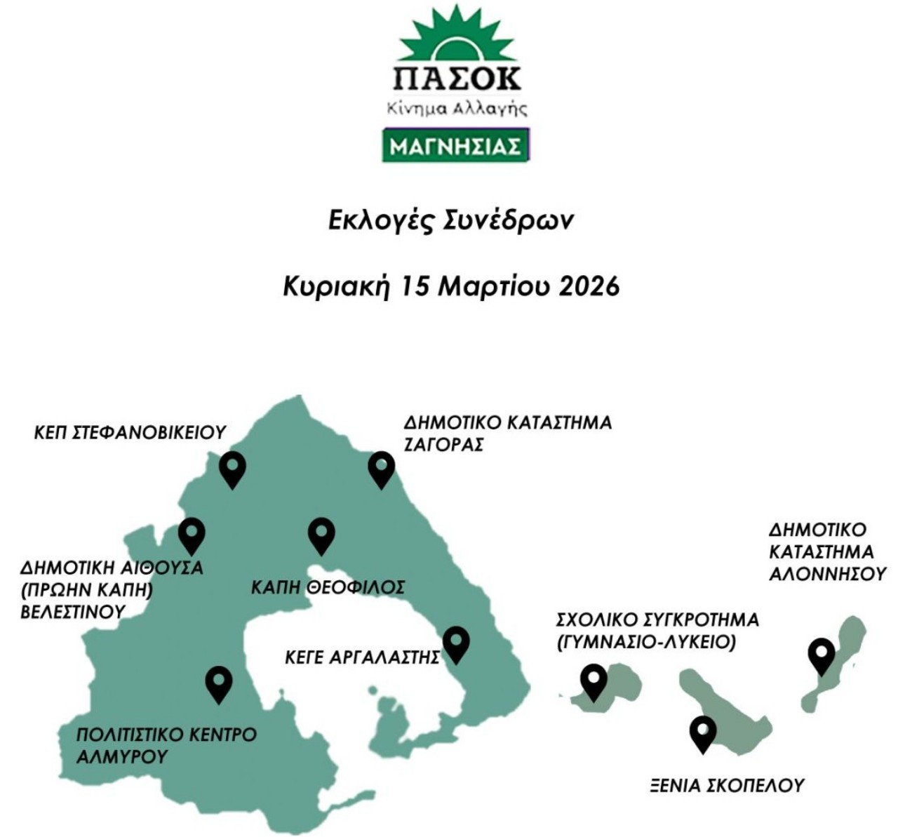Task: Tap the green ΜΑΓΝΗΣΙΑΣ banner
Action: tap(455, 145)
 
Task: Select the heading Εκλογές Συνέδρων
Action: tap(451, 220)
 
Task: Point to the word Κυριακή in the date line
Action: tap(335, 287)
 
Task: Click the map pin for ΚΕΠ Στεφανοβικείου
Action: tap(232, 468)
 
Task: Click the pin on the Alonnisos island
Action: tap(820, 655)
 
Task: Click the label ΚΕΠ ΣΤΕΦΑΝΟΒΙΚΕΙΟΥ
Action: tap(130, 432)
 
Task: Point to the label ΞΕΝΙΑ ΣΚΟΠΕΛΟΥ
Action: tap(727, 785)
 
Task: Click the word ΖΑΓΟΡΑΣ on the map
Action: tap(443, 446)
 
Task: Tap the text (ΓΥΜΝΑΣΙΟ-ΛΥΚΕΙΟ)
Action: tap(645, 641)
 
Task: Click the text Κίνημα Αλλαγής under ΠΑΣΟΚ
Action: tap(457, 109)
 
